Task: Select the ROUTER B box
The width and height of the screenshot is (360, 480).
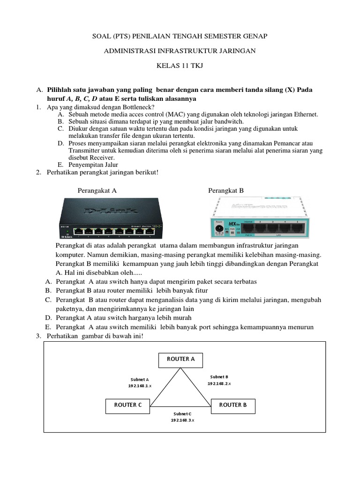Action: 233,405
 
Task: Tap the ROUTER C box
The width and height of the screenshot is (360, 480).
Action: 127,405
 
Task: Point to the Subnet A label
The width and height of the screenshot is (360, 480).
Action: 140,379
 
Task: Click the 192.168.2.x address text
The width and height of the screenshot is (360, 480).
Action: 219,383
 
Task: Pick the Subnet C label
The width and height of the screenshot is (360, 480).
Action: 182,414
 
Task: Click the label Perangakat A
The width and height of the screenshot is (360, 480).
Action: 97,190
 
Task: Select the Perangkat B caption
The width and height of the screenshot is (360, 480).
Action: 226,190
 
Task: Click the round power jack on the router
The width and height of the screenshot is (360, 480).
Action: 218,229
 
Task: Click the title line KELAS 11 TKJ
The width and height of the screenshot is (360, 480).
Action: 180,67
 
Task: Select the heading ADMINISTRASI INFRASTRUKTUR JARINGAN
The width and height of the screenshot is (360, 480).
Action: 180,51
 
